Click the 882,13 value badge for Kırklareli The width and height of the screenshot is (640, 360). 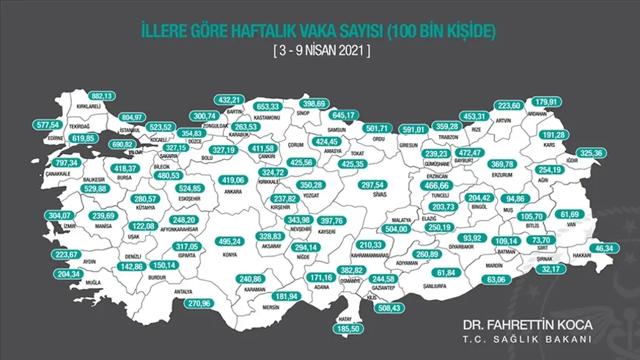tap(102, 96)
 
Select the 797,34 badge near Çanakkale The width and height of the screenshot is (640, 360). tap(64, 161)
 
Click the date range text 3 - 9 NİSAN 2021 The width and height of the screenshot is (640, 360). tap(320, 52)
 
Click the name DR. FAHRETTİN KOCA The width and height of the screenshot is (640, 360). tap(522, 323)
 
